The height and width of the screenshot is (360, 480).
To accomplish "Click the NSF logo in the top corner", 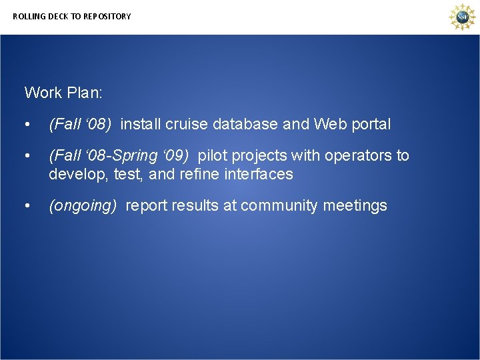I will (461, 17).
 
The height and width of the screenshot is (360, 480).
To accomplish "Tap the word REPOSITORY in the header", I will (107, 16).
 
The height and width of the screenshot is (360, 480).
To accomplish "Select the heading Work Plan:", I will (63, 93).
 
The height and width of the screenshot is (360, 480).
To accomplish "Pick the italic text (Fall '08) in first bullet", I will (80, 124).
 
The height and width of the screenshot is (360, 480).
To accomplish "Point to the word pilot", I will (213, 155).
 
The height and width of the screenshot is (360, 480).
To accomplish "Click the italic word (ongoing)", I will (83, 206).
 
